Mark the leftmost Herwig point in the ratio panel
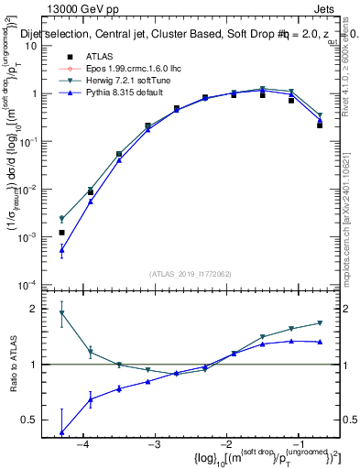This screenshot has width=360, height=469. click(61, 313)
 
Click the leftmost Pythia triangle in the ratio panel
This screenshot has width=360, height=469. click(61, 431)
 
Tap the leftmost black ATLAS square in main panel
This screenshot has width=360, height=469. click(61, 233)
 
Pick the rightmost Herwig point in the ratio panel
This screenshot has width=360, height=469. click(320, 323)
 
